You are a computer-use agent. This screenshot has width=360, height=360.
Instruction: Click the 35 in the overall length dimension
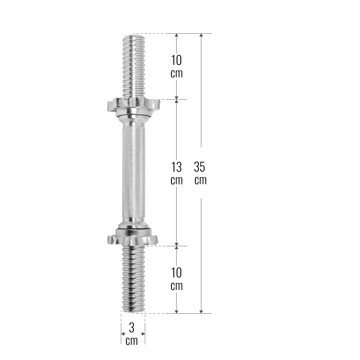199,167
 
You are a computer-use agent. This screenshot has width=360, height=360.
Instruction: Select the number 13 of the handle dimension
176,167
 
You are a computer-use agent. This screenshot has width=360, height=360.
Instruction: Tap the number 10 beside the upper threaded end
176,60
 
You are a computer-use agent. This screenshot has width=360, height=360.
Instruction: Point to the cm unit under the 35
200,181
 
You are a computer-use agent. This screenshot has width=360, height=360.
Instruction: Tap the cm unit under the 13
176,181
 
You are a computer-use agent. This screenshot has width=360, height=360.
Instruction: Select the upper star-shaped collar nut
134,107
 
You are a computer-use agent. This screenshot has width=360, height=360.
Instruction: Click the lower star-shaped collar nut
133,237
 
